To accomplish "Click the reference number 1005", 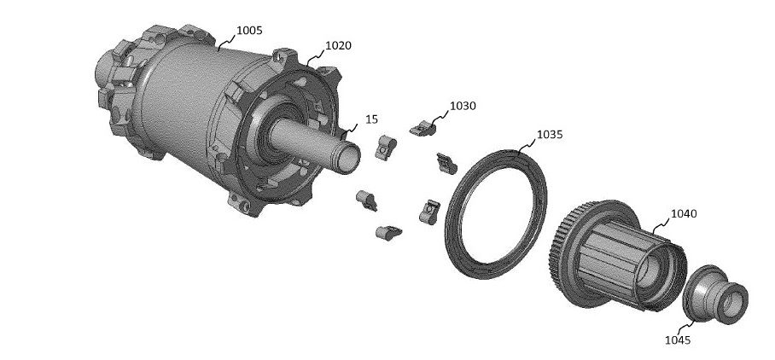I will click(x=249, y=31).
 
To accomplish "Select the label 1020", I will click(x=338, y=45).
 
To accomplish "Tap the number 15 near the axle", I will click(x=371, y=119).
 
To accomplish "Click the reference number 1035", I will click(x=550, y=135).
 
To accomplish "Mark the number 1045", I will click(x=678, y=340).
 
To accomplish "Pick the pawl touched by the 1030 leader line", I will click(x=422, y=128).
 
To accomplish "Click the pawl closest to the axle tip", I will click(x=385, y=148).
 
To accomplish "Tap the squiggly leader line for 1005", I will click(x=227, y=41).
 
